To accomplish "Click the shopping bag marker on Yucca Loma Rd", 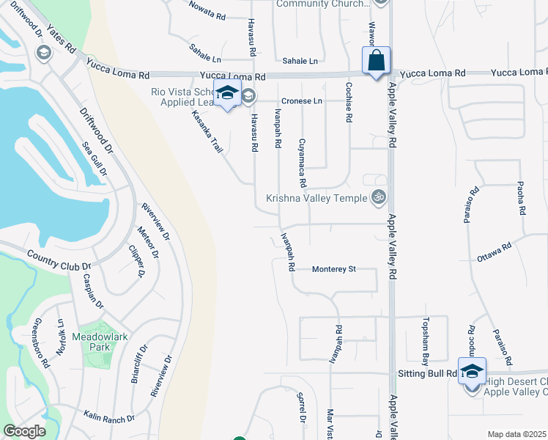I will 376,62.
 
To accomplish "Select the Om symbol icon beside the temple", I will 379,197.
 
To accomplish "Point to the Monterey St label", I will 333,269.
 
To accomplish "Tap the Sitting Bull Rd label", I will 428,373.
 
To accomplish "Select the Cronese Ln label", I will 302,100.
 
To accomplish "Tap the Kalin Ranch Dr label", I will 109,417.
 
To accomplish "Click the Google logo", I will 24,431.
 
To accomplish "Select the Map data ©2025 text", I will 516,434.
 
